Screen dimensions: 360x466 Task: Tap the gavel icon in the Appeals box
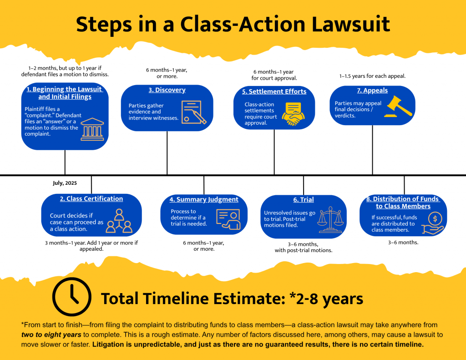[x=399, y=106]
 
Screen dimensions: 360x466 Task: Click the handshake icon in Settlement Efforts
[x=293, y=114]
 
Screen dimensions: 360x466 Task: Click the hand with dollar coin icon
[x=433, y=223]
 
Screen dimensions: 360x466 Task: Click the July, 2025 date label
[x=65, y=183]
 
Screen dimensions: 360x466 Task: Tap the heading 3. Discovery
[x=167, y=90]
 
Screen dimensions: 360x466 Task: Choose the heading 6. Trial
[x=304, y=200]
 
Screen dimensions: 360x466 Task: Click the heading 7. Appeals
[x=372, y=91]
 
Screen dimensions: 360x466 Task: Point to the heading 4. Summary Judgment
[x=204, y=199]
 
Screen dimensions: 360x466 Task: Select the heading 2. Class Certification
[x=91, y=199]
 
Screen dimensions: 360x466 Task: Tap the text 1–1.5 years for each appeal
[x=372, y=76]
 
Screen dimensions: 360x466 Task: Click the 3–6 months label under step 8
[x=403, y=243]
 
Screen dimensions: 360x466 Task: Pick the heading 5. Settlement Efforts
[x=274, y=91]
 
